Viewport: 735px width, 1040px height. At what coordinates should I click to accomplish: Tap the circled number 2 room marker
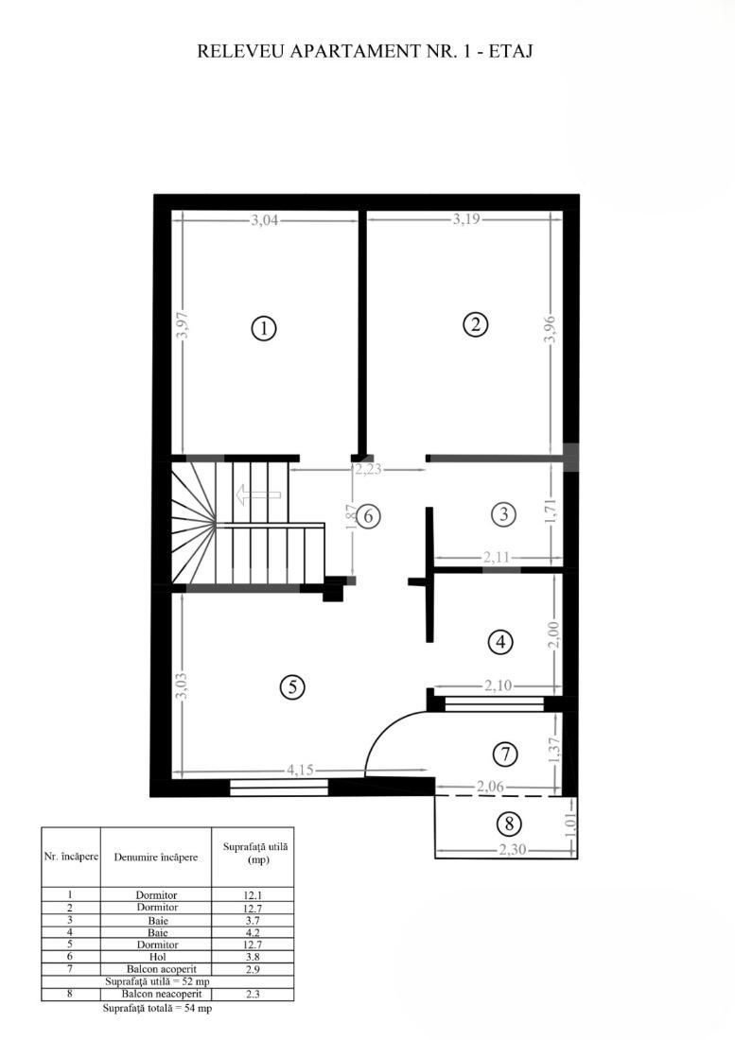475,324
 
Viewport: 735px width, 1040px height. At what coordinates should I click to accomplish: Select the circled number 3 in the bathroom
503,514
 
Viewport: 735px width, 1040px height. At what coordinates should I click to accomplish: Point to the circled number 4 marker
499,642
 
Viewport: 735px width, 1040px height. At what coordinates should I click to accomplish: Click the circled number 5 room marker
293,687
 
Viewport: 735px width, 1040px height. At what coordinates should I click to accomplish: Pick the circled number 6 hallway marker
369,516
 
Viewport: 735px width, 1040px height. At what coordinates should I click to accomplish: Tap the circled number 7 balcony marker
506,754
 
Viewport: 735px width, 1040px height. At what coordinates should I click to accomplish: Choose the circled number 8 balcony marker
508,823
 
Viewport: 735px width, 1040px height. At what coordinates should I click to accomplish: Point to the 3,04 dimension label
266,221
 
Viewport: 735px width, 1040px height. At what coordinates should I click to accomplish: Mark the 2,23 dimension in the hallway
369,469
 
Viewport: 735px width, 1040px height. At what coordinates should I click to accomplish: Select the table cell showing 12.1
254,894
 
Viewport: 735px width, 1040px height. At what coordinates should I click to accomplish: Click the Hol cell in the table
155,957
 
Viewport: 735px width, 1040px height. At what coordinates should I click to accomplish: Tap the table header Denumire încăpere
155,858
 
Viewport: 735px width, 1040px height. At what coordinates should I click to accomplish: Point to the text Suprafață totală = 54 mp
157,1009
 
